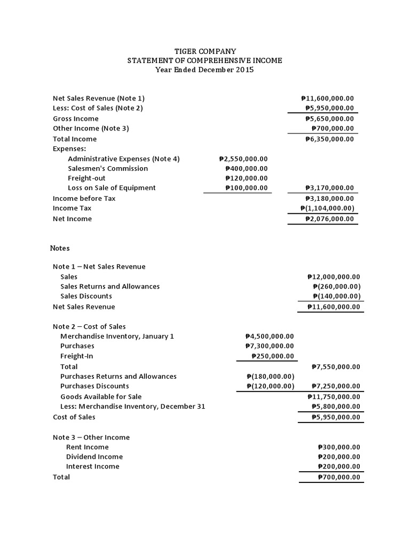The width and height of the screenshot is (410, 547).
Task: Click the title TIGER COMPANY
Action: point(205,51)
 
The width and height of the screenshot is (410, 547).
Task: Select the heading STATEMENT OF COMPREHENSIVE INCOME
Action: point(205,61)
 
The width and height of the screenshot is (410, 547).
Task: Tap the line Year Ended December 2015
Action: point(205,70)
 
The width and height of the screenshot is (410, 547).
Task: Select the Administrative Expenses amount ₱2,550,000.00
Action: point(243,159)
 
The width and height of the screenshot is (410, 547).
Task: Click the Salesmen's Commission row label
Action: point(108,168)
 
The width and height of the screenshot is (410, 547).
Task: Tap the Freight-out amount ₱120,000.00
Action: point(246,178)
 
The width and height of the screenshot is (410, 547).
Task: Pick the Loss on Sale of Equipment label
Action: point(112,187)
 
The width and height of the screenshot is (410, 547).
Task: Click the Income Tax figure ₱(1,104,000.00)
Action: point(327,208)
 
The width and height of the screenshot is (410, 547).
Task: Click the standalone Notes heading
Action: point(60,248)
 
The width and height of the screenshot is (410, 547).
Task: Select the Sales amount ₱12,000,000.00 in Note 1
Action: point(334,277)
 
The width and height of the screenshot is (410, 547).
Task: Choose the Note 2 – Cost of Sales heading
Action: point(89,326)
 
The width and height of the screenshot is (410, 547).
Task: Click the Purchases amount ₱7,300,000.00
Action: point(270,346)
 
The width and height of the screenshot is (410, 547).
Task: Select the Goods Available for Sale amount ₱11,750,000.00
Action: point(334,396)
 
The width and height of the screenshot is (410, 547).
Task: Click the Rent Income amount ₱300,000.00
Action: point(339,447)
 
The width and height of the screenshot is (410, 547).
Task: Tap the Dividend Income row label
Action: point(94,457)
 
